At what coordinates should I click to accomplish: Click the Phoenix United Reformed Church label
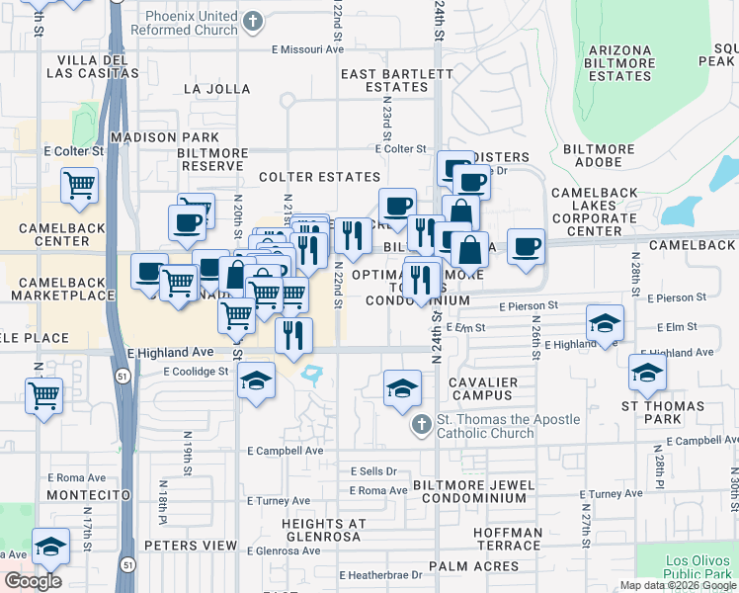point(192,23)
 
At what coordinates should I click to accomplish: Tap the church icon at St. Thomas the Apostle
point(421,426)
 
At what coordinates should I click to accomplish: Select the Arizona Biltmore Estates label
point(619,63)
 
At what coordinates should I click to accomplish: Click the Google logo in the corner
point(33,581)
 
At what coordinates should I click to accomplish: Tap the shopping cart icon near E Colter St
point(79,185)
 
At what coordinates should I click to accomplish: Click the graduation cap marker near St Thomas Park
point(647,373)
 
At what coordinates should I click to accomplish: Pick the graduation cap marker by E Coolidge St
point(256,382)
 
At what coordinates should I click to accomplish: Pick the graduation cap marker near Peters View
point(50,546)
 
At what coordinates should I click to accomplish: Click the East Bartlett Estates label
point(384,80)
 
